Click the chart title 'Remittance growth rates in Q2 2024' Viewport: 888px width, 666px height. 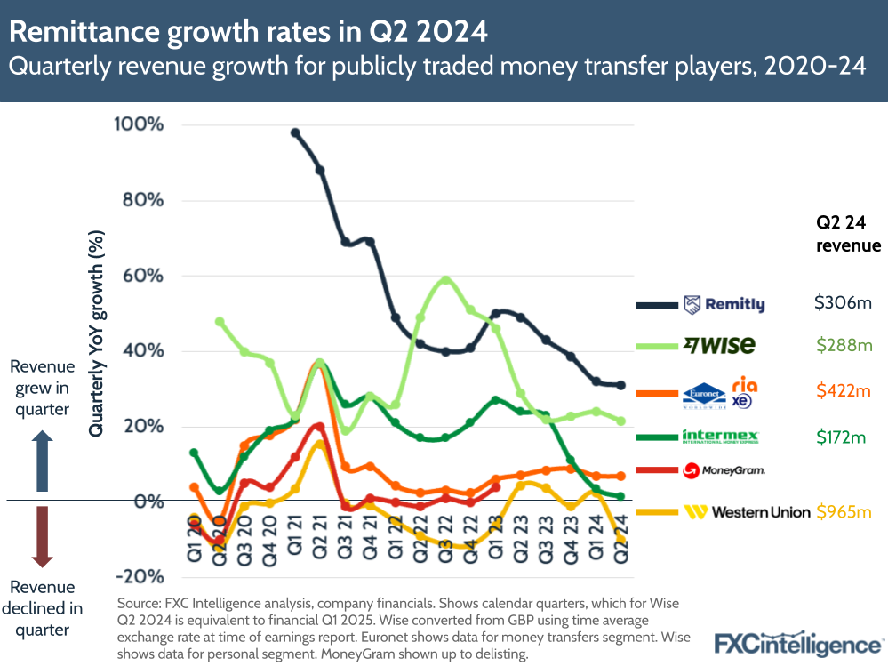pos(249,32)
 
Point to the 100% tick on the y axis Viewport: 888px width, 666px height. pos(139,124)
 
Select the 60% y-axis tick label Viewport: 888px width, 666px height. pos(143,275)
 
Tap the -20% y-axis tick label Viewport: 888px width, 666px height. pos(139,576)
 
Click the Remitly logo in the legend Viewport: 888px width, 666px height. pos(724,305)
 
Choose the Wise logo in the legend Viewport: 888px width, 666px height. pos(719,345)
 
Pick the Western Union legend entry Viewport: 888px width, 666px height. pos(747,511)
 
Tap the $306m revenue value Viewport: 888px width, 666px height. pos(843,303)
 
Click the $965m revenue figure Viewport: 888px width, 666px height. pos(843,511)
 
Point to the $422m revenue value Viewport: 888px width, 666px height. pos(843,389)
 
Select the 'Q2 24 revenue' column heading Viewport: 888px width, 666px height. pos(848,233)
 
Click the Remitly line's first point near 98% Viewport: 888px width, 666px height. pos(295,133)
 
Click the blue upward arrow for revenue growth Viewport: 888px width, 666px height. pos(42,462)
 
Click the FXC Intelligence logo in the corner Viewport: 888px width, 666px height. pos(797,642)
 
